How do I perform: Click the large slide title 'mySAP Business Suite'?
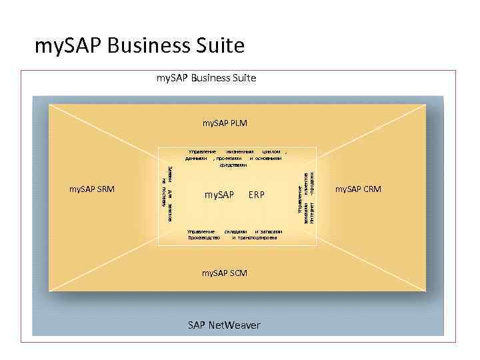tap(139, 46)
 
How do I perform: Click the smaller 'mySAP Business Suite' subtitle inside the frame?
tap(206, 78)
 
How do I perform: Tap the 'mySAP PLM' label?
tap(225, 123)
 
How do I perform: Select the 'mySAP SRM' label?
tap(92, 189)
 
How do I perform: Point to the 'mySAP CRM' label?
tap(358, 189)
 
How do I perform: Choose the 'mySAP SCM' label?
tap(225, 273)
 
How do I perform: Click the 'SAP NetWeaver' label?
tap(224, 325)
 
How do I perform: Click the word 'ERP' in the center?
tap(256, 195)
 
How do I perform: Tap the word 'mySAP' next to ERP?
tap(219, 195)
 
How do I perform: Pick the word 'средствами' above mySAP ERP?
tap(234, 165)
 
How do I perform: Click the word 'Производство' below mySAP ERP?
tap(204, 237)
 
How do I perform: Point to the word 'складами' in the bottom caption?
tap(236, 231)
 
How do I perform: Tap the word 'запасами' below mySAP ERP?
tap(272, 231)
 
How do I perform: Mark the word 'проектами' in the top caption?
tap(227, 159)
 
